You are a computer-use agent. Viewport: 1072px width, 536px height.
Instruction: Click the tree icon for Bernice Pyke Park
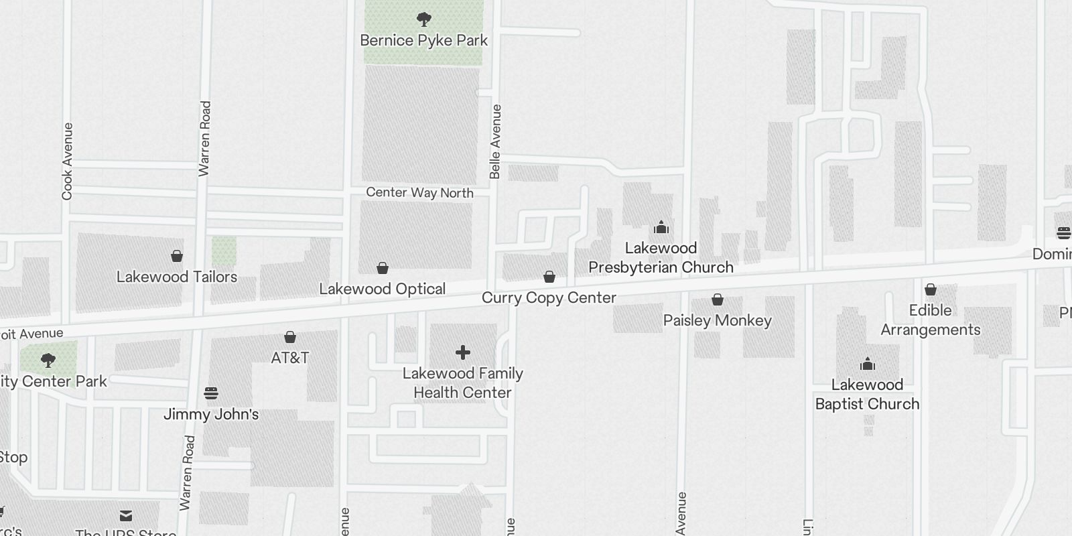423,19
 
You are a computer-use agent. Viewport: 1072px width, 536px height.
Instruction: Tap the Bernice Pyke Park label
423,40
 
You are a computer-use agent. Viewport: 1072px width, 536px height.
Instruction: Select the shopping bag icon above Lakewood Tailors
177,256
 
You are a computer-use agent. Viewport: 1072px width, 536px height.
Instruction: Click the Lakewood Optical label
382,289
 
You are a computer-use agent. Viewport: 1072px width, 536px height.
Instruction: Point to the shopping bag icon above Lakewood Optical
382,268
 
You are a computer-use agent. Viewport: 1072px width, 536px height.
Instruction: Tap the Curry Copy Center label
549,297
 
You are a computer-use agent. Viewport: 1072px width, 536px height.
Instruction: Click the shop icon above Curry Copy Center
549,277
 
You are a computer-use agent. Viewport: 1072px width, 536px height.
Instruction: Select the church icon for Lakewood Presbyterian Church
661,227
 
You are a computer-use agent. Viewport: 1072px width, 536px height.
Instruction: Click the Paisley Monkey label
717,320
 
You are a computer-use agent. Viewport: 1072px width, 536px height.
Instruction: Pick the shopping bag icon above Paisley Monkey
718,299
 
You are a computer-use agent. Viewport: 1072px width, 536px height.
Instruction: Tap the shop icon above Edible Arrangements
930,289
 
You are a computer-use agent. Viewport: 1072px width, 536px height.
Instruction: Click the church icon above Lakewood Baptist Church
868,364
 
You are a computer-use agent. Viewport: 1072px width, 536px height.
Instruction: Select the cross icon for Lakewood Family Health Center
462,352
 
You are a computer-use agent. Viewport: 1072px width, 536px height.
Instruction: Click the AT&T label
289,358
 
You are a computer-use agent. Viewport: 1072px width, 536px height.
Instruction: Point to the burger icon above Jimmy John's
211,393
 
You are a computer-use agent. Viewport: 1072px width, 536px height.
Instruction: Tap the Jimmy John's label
211,414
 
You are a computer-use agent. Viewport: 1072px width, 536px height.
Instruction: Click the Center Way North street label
419,193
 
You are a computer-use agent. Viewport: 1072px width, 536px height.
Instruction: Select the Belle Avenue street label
495,141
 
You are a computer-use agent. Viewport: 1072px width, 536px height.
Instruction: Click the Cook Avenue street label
67,161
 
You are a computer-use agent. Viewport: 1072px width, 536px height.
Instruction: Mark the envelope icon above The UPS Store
126,516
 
